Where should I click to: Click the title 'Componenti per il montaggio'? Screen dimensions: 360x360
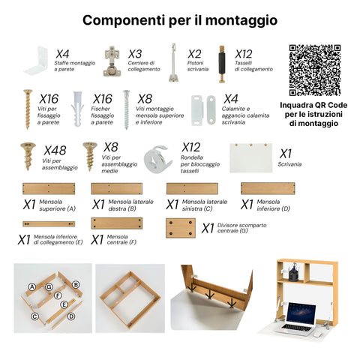pos(179,20)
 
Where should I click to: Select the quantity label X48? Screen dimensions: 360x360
pos(55,150)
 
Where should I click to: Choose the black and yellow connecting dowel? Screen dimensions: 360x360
pos(221,61)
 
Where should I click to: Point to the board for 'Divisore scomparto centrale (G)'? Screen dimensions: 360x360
pos(180,228)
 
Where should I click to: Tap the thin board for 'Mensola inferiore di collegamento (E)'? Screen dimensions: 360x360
pos(49,223)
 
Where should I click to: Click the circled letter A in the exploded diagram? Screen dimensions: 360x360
pos(31,286)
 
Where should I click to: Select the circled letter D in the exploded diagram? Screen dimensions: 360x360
pos(71,316)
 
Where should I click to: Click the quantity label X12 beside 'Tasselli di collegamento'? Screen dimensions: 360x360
pos(244,54)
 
